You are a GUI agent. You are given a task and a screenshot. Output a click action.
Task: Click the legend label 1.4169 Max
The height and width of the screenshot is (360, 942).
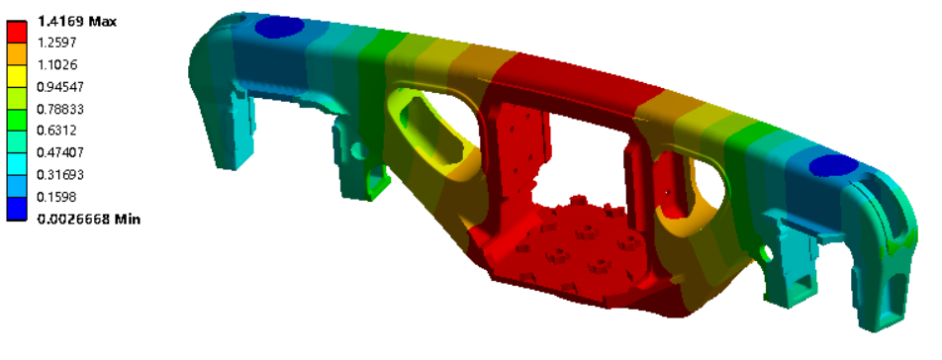77,22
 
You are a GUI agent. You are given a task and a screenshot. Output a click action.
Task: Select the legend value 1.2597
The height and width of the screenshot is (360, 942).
56,44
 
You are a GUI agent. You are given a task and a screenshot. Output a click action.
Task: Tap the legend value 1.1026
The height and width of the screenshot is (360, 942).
57,65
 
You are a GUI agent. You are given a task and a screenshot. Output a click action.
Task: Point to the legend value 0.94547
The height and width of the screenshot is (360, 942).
60,87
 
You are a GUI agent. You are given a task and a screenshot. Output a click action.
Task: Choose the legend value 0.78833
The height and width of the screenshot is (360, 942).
60,109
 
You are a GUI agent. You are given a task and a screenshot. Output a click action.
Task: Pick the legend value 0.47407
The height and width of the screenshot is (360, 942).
60,152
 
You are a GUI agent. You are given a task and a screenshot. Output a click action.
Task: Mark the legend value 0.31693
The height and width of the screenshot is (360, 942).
60,175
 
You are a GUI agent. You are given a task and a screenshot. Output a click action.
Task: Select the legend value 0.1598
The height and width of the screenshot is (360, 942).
56,197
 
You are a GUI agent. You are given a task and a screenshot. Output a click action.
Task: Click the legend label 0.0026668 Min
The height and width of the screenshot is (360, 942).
89,219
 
